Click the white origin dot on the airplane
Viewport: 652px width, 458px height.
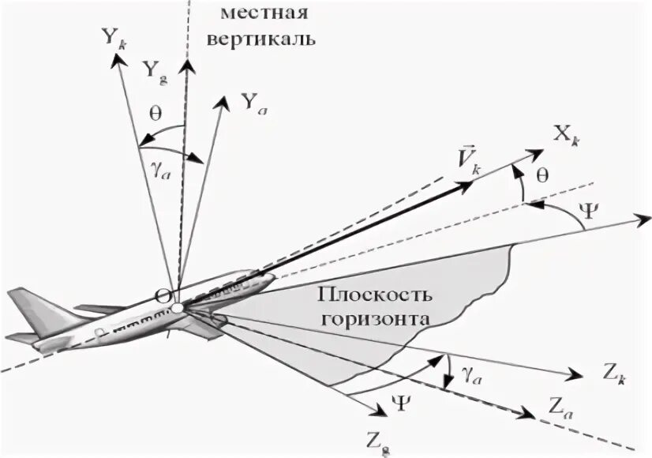coord(178,307)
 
